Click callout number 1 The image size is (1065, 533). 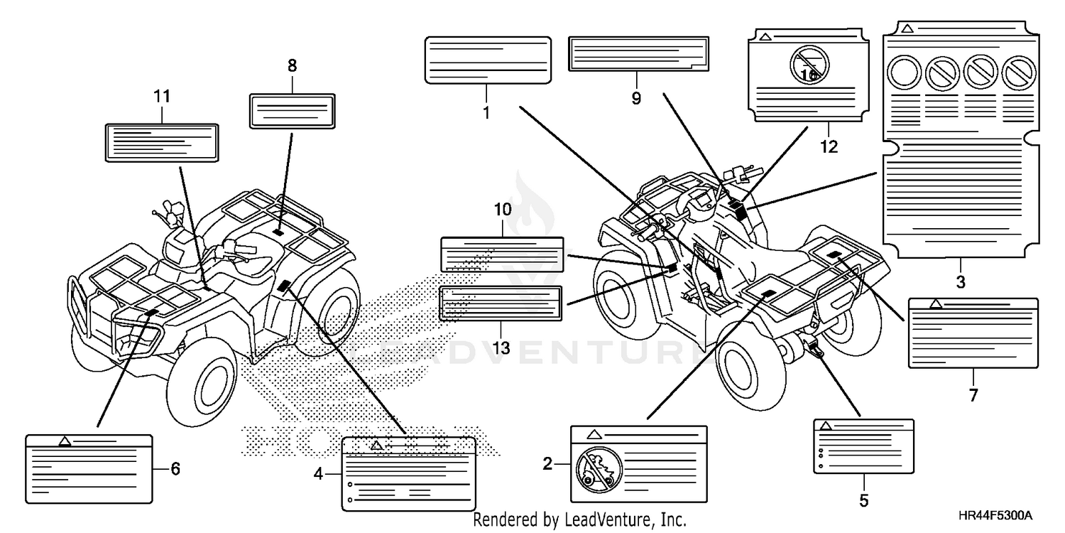click(x=486, y=112)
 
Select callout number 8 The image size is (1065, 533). click(x=292, y=66)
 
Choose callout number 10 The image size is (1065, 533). click(x=502, y=210)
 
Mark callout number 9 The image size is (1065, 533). click(x=636, y=97)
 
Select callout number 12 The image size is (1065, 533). click(x=829, y=146)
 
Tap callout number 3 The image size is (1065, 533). click(x=960, y=281)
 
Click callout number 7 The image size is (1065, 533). click(x=973, y=395)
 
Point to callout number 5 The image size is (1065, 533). click(x=863, y=500)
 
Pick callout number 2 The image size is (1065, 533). click(x=547, y=465)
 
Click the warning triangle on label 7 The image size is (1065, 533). click(x=936, y=304)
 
